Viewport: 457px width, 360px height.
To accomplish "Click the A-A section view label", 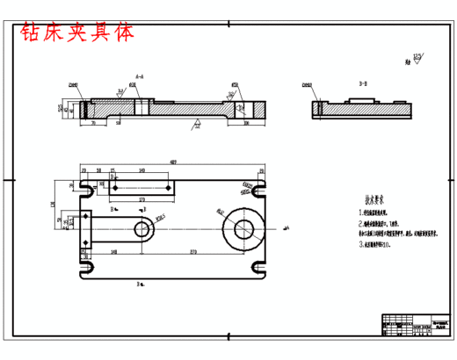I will click(140, 76).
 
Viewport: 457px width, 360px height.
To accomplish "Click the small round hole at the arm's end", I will click(141, 230).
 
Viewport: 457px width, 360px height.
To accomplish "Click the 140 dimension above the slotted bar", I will click(141, 171).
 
